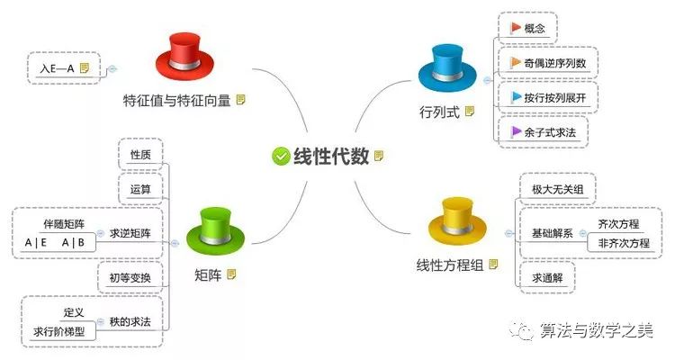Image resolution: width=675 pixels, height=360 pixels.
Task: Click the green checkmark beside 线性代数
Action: point(280,156)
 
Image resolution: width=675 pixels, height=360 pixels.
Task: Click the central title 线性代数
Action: point(331,156)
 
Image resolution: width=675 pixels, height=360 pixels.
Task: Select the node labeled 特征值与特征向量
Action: point(177,100)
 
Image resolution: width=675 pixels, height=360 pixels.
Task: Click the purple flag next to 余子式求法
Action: point(516,131)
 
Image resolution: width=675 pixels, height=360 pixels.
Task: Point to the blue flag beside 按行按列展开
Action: point(516,97)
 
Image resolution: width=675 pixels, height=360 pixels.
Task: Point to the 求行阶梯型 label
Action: point(58,331)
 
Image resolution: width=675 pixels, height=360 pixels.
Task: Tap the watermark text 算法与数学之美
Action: point(598,330)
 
